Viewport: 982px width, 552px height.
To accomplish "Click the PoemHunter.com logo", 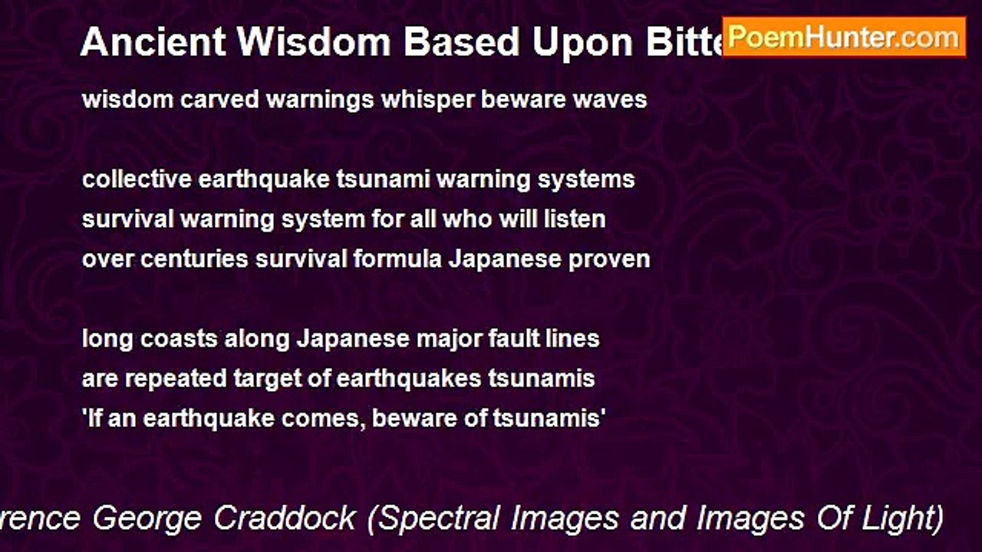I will (x=843, y=37).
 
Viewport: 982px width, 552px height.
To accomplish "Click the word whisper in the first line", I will (x=430, y=100).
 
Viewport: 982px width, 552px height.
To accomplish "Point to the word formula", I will (x=397, y=259).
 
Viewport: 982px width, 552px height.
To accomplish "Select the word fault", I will (x=516, y=339).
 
